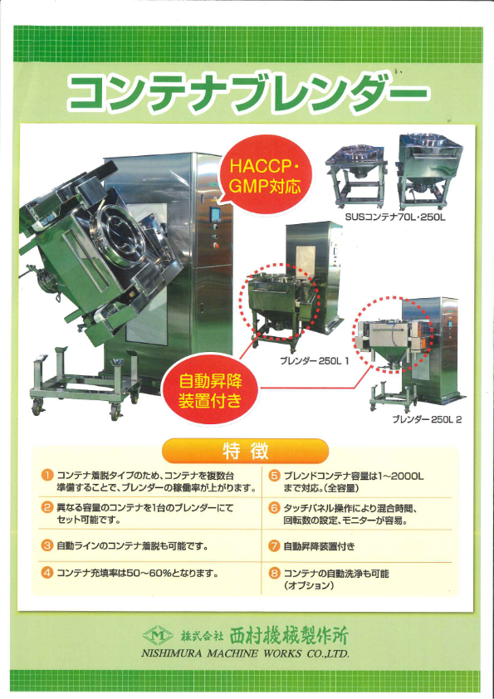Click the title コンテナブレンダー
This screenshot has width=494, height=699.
pyautogui.click(x=248, y=94)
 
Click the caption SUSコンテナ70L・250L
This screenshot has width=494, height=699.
pyautogui.click(x=395, y=218)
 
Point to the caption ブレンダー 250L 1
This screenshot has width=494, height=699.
pyautogui.click(x=315, y=360)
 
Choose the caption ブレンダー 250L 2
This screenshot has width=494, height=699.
pyautogui.click(x=427, y=419)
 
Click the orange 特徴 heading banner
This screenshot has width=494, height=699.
pyautogui.click(x=246, y=451)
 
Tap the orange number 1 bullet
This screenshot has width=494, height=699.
pyautogui.click(x=47, y=476)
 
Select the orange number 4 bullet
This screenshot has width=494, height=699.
pyautogui.click(x=47, y=572)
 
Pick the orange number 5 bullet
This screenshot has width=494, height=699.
pyautogui.click(x=274, y=476)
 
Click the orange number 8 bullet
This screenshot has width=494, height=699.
pyautogui.click(x=274, y=574)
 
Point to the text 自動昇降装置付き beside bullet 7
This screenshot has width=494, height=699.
pyautogui.click(x=319, y=546)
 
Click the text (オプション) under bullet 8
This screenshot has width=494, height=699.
pyautogui.click(x=309, y=585)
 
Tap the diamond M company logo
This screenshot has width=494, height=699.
pyautogui.click(x=158, y=636)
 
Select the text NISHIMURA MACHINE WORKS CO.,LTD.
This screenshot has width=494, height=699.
pyautogui.click(x=245, y=653)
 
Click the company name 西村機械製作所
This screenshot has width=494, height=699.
pyautogui.click(x=288, y=636)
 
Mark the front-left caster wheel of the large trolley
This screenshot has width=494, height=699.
pyautogui.click(x=38, y=407)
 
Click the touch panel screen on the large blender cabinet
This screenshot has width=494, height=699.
pyautogui.click(x=216, y=214)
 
